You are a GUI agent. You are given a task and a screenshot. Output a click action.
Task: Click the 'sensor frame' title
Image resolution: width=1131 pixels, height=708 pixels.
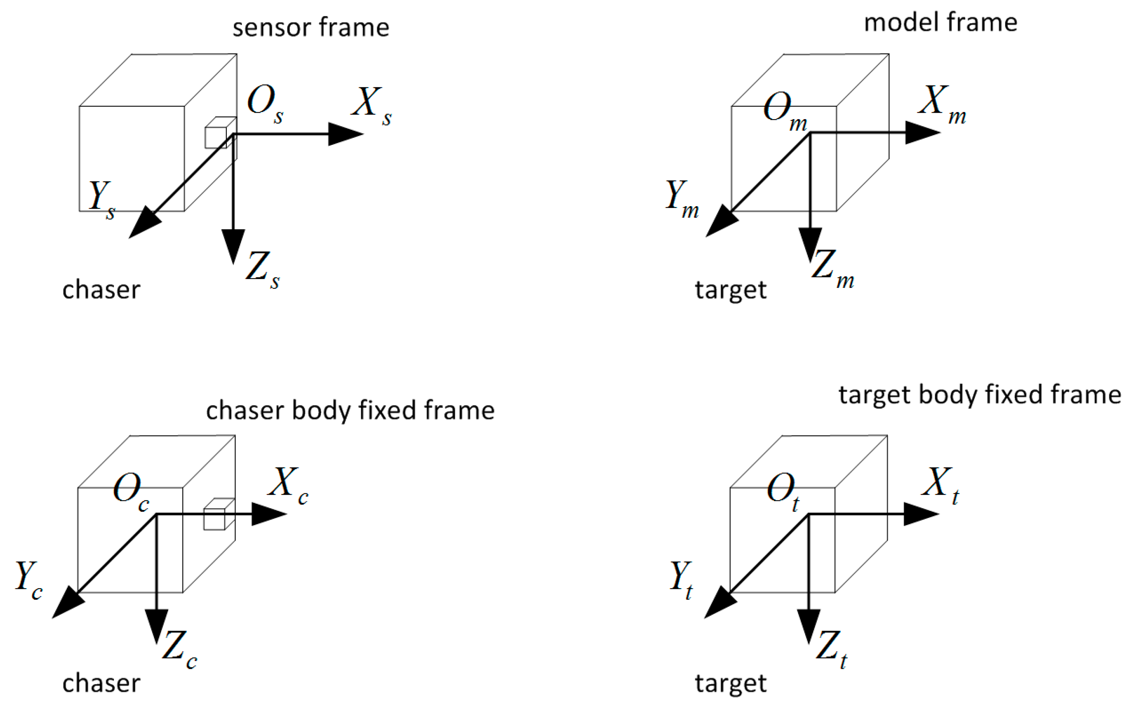(x=310, y=27)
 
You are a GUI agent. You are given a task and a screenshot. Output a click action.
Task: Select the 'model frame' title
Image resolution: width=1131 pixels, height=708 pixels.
(x=940, y=22)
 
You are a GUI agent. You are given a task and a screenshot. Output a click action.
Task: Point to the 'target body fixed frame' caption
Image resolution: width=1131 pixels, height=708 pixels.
(x=980, y=394)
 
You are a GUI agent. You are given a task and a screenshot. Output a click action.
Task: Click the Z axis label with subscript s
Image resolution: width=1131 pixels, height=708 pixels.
(x=263, y=269)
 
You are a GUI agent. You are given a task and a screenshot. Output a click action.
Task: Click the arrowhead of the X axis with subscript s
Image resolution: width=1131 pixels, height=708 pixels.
(x=346, y=134)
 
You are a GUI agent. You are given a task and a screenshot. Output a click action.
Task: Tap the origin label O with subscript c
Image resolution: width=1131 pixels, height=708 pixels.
(x=131, y=492)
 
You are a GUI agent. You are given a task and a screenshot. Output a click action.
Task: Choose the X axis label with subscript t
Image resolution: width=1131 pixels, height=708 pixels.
(x=940, y=485)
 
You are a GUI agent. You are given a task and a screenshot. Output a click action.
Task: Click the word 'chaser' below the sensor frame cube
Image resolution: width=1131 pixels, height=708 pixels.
(x=101, y=290)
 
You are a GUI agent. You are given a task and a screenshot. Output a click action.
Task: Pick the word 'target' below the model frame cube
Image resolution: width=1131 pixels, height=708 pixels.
(x=730, y=290)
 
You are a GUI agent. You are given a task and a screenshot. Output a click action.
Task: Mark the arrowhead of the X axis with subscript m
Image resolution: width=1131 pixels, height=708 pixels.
(x=922, y=133)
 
